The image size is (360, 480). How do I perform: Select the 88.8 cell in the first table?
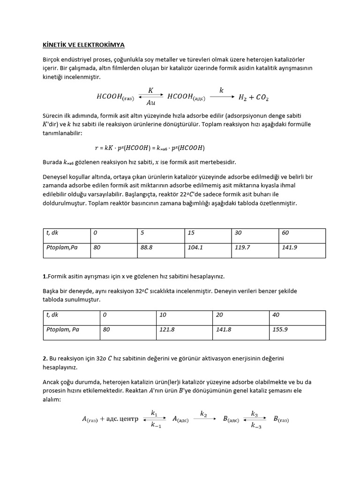click(x=147, y=247)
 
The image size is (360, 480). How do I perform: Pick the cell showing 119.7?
click(x=242, y=247)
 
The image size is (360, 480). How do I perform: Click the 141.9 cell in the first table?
click(x=289, y=247)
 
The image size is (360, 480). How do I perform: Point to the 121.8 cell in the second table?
click(x=167, y=330)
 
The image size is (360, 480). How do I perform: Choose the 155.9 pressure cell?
click(x=280, y=330)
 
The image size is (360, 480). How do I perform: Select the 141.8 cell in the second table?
click(x=224, y=330)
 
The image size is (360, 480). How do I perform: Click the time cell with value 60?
click(x=285, y=233)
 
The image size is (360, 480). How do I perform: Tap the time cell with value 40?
click(x=276, y=315)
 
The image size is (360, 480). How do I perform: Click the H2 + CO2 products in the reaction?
click(x=253, y=97)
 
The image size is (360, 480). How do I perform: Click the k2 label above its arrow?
click(x=203, y=413)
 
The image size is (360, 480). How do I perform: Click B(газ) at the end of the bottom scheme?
click(x=281, y=420)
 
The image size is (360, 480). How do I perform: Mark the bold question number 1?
click(x=44, y=276)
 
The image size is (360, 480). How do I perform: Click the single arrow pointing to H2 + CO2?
click(x=221, y=97)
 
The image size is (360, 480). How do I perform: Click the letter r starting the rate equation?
click(x=96, y=148)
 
